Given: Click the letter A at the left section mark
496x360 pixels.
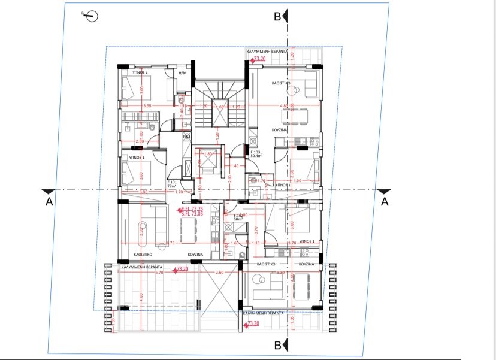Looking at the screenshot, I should click(x=50, y=202).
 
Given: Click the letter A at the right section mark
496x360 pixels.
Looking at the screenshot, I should click(x=385, y=202).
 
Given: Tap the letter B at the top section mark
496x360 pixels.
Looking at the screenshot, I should click(x=277, y=17).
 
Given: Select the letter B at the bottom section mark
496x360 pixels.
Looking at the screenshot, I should click(x=277, y=345).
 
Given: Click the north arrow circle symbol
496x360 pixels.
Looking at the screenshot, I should click(x=92, y=17).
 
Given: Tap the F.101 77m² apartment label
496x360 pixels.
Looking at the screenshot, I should click(x=173, y=184).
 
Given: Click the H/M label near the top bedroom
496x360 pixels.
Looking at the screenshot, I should click(x=183, y=72).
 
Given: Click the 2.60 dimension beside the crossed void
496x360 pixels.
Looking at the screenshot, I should click(x=219, y=273).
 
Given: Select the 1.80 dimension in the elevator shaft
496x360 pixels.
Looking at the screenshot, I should click(x=209, y=153).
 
